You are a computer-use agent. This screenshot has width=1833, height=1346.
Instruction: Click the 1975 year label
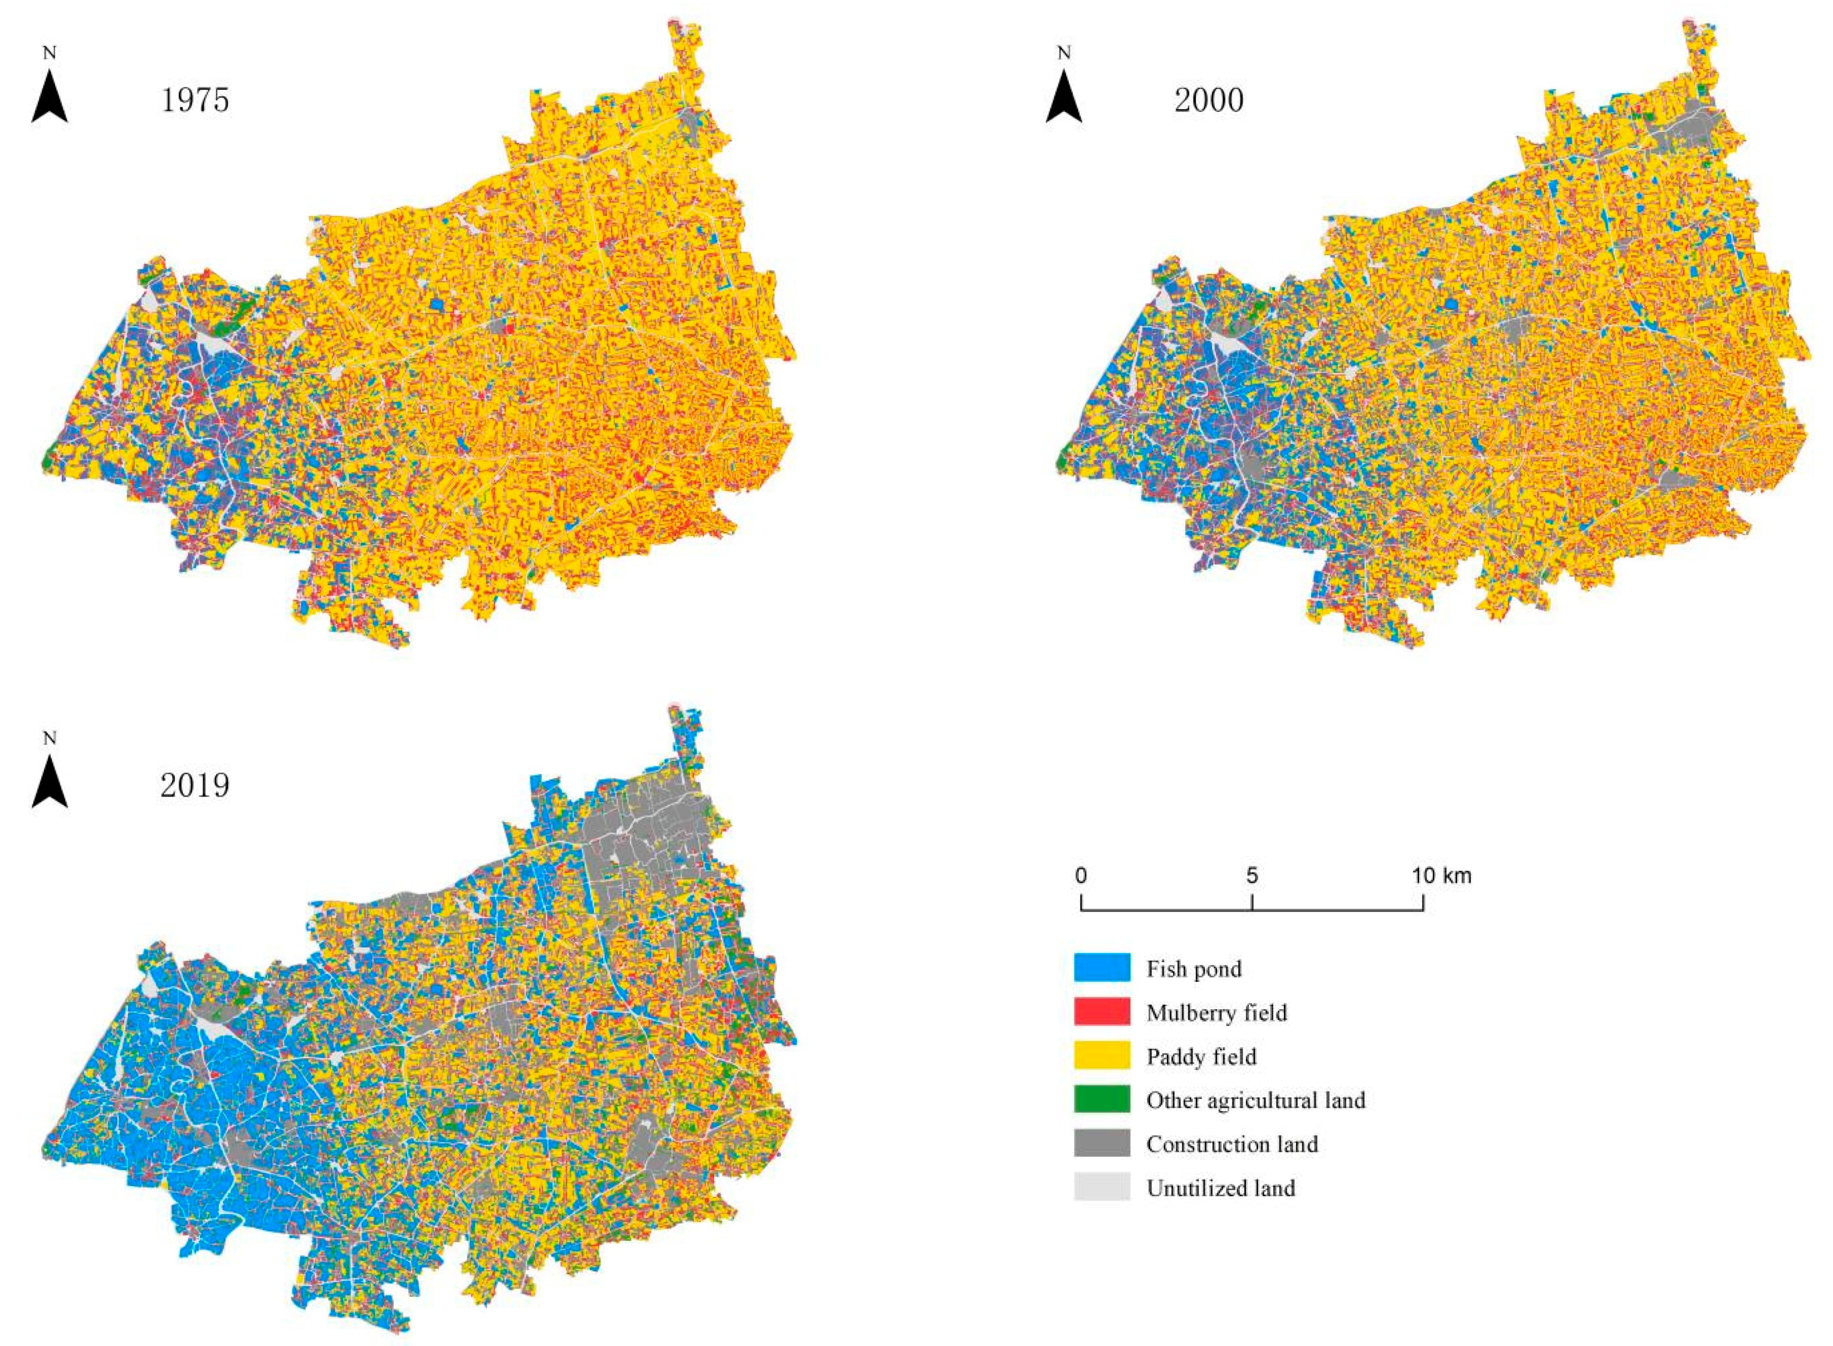(195, 100)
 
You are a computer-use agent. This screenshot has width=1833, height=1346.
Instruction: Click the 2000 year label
(1209, 100)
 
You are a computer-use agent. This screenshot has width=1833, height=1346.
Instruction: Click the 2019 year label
(195, 785)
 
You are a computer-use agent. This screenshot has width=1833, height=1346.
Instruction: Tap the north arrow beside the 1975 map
(50, 97)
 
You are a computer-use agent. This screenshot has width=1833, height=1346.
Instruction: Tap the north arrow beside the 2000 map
(1064, 97)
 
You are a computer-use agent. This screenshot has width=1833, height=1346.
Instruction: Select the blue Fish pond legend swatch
(1102, 968)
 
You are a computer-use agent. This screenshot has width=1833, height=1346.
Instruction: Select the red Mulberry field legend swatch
(1102, 1012)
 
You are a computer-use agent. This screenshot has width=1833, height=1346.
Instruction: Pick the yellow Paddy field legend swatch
(1102, 1056)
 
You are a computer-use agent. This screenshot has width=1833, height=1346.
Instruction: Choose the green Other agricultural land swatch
(1102, 1100)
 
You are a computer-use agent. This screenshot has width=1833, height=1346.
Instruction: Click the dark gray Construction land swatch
(1102, 1144)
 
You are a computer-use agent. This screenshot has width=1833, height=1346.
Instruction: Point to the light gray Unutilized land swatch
(1102, 1188)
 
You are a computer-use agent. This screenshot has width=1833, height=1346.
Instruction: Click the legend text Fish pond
(1194, 969)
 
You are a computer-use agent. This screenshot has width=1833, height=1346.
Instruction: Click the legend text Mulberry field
(1217, 1013)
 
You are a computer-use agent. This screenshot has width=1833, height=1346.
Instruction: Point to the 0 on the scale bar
(1081, 876)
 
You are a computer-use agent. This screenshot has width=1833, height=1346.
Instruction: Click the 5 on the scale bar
(1252, 876)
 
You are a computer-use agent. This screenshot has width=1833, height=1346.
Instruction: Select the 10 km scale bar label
(1442, 876)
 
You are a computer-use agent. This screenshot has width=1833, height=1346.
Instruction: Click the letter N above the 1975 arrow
(50, 54)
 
